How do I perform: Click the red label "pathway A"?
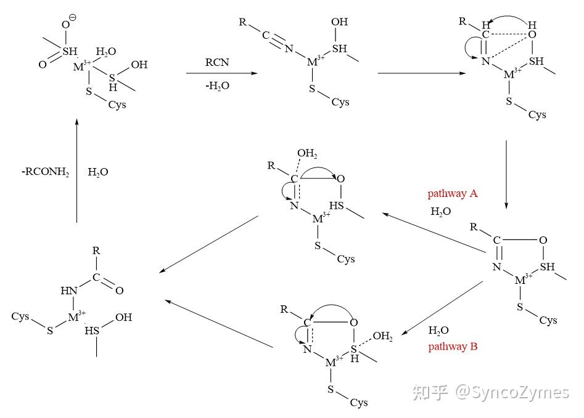coord(453,194)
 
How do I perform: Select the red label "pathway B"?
coord(453,347)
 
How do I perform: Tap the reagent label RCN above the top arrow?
coord(217,62)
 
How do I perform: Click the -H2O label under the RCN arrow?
coord(217,86)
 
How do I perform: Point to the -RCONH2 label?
coord(46,172)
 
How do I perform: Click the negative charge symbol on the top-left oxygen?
coord(73,17)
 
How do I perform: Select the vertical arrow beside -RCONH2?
coord(76,171)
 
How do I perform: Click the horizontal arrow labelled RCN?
coord(221,73)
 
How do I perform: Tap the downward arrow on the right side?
coord(506,174)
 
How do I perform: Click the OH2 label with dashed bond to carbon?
coord(307,153)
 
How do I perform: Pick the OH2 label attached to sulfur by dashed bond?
coord(382,336)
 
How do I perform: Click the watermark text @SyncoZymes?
coord(512,392)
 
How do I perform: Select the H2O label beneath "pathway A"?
coord(440,212)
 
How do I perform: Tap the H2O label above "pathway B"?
coord(438,330)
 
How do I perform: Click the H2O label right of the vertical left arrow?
coord(98,172)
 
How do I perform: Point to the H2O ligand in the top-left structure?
coord(106,51)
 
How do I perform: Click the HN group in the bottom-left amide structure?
coord(69,291)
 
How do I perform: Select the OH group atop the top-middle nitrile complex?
coord(339,22)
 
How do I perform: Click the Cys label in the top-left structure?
coord(117,105)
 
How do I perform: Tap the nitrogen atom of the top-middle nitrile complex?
coord(289,49)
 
